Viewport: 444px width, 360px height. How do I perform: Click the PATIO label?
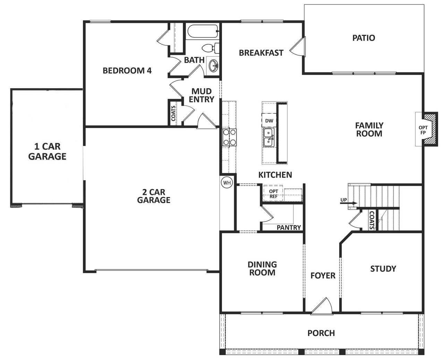click(364, 37)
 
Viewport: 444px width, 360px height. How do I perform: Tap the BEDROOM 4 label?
click(127, 71)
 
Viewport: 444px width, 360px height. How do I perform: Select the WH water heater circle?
click(227, 182)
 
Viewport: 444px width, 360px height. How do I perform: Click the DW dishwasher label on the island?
click(269, 121)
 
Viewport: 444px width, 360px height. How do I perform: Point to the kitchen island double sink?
click(269, 137)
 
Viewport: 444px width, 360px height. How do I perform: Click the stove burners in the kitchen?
click(229, 137)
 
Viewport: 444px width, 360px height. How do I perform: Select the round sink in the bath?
click(213, 65)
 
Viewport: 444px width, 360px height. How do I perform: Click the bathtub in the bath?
click(202, 32)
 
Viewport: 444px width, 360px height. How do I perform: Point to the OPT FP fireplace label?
click(423, 130)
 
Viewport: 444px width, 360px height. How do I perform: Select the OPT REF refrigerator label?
click(274, 194)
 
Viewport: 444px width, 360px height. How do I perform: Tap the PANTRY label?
click(289, 228)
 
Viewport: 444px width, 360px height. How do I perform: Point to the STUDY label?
click(383, 269)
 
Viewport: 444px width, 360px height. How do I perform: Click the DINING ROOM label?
click(262, 268)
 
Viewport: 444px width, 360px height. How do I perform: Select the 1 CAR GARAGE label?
click(47, 152)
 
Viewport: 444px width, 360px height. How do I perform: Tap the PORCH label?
click(321, 333)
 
